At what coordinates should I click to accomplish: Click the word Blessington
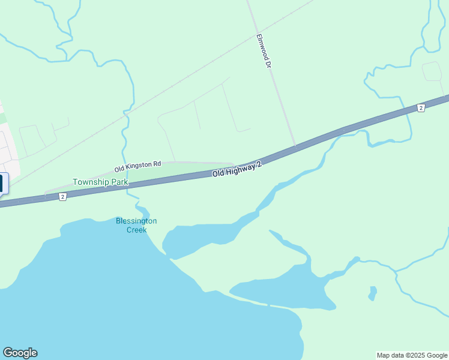pos(136,221)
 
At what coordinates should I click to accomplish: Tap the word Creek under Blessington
pos(136,229)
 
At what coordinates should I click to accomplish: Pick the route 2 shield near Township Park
pos(62,197)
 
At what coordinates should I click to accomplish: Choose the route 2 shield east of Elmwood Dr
pos(421,107)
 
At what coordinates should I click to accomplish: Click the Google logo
pos(20,352)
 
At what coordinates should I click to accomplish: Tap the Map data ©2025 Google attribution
pos(412,355)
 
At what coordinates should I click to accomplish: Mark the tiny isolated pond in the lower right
pos(373,293)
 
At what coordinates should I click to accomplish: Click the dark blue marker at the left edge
pos(3,183)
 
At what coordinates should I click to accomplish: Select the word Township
pos(85,182)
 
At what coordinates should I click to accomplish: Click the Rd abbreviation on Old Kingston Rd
pos(157,163)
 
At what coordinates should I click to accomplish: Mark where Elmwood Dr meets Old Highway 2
pos(295,146)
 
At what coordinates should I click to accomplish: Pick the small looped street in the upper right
pos(432,71)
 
